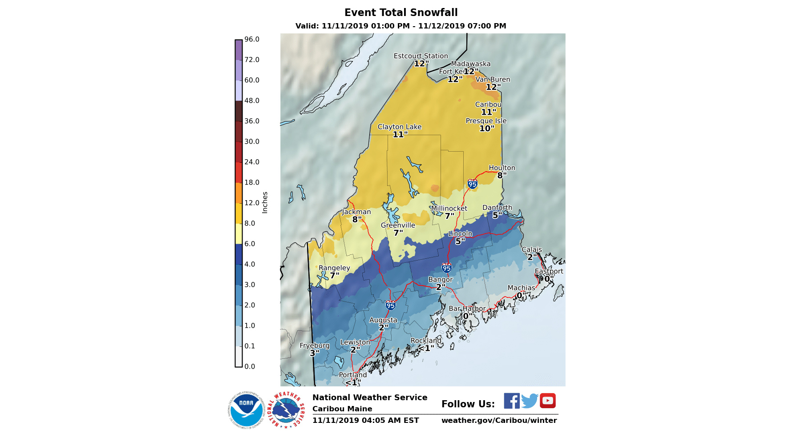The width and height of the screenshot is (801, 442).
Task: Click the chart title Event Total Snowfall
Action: [400, 12]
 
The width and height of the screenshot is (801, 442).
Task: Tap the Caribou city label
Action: [488, 104]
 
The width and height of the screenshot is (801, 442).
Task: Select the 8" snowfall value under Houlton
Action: [502, 176]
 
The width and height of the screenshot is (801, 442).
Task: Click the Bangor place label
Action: [440, 280]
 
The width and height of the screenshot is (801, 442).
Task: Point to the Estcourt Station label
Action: [421, 56]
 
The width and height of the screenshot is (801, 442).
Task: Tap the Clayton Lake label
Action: [399, 127]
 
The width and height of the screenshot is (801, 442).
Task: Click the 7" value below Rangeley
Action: [334, 276]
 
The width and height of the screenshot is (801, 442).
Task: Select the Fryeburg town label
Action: [314, 346]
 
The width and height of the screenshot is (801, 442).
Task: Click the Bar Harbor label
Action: [467, 309]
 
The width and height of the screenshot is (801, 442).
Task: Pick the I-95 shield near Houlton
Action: [472, 184]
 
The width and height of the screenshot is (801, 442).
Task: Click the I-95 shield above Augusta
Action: [390, 305]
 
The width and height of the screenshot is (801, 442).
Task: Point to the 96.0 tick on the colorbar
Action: [251, 40]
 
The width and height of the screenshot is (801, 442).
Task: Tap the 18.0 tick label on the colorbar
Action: [251, 182]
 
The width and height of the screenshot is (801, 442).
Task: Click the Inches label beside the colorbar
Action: [265, 202]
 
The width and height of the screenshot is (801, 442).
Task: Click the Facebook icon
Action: [511, 401]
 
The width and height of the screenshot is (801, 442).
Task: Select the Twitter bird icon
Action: [530, 401]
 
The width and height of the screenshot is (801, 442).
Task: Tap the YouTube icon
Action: [547, 401]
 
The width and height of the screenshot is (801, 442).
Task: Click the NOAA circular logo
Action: [246, 410]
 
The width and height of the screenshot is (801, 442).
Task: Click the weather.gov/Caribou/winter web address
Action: [499, 420]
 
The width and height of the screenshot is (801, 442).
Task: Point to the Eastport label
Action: [548, 271]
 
